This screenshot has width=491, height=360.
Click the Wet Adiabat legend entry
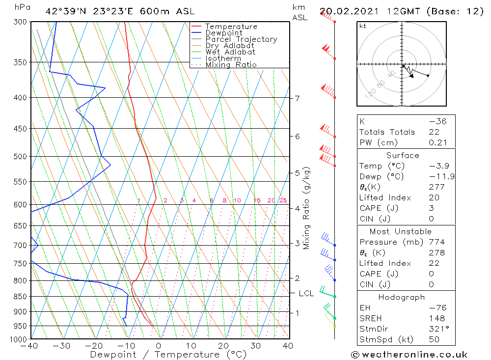[x=230, y=52]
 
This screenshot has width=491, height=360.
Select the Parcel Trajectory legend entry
[x=241, y=39]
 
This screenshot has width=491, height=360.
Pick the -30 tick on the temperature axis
[x=62, y=346]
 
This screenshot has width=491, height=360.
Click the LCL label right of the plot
[x=306, y=294]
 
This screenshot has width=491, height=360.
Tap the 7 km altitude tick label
[x=297, y=98]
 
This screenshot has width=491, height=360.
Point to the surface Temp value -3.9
[x=439, y=166]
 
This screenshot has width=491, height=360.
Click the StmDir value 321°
[x=436, y=329]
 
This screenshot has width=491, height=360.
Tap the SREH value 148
[x=436, y=318]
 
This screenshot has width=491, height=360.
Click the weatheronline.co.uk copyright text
[x=409, y=355]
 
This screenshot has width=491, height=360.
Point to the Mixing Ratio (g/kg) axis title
[x=307, y=208]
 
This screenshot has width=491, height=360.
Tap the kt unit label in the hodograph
[x=363, y=26]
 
